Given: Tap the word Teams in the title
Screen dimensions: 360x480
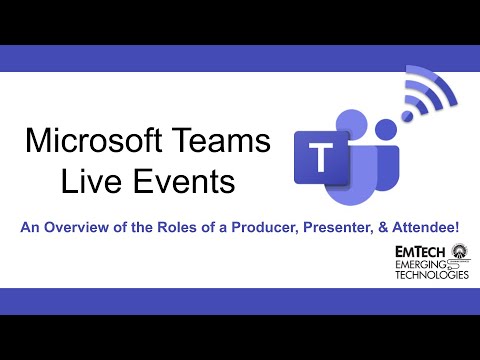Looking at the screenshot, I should tap(222, 140).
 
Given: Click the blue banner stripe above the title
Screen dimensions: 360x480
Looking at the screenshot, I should tap(240, 58).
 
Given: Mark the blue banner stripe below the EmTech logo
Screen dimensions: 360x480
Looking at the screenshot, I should tap(240, 301).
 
